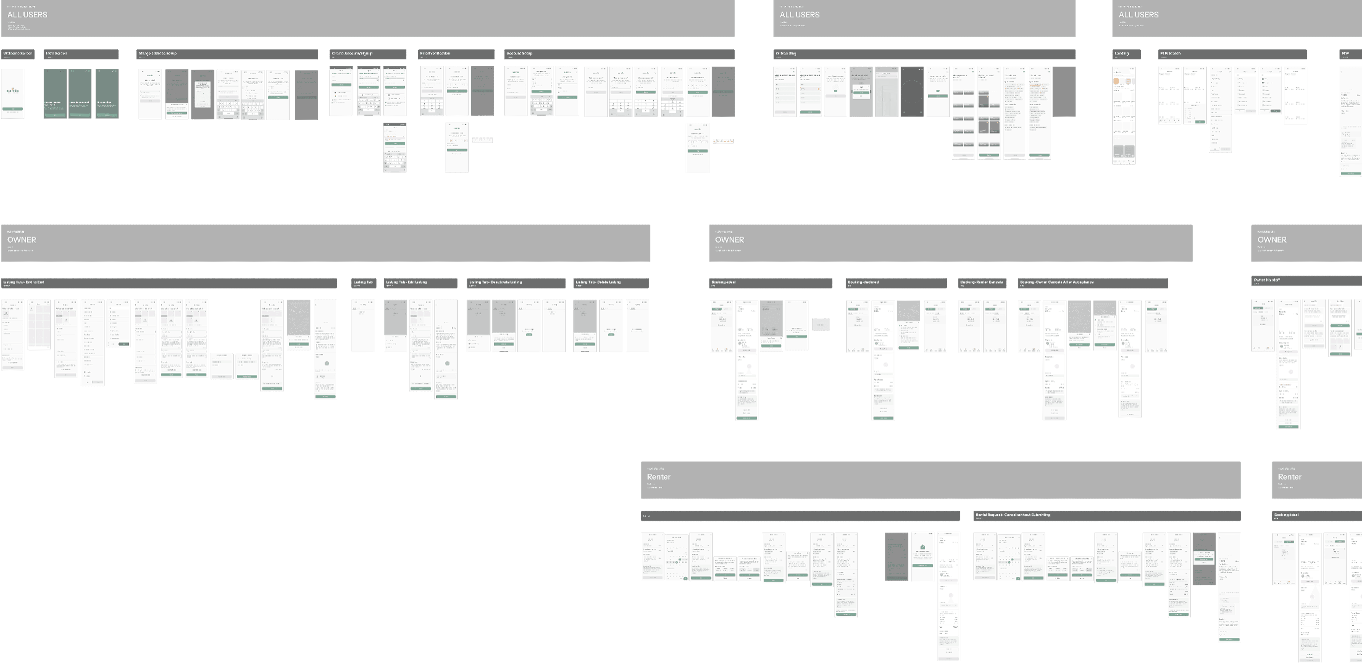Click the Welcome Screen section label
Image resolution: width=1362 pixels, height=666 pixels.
18,53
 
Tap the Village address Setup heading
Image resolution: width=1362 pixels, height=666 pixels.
158,53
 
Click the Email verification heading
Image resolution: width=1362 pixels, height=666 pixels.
435,53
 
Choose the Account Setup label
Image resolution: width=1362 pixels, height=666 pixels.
519,53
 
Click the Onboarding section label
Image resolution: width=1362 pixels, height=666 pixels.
786,53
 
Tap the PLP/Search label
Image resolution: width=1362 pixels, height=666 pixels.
1170,53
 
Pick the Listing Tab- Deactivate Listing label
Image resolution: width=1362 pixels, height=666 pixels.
495,282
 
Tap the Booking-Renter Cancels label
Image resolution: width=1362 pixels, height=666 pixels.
981,282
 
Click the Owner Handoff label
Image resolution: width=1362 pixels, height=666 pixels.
1267,280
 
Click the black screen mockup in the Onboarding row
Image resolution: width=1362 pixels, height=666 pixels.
912,91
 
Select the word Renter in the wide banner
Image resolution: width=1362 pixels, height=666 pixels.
659,477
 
